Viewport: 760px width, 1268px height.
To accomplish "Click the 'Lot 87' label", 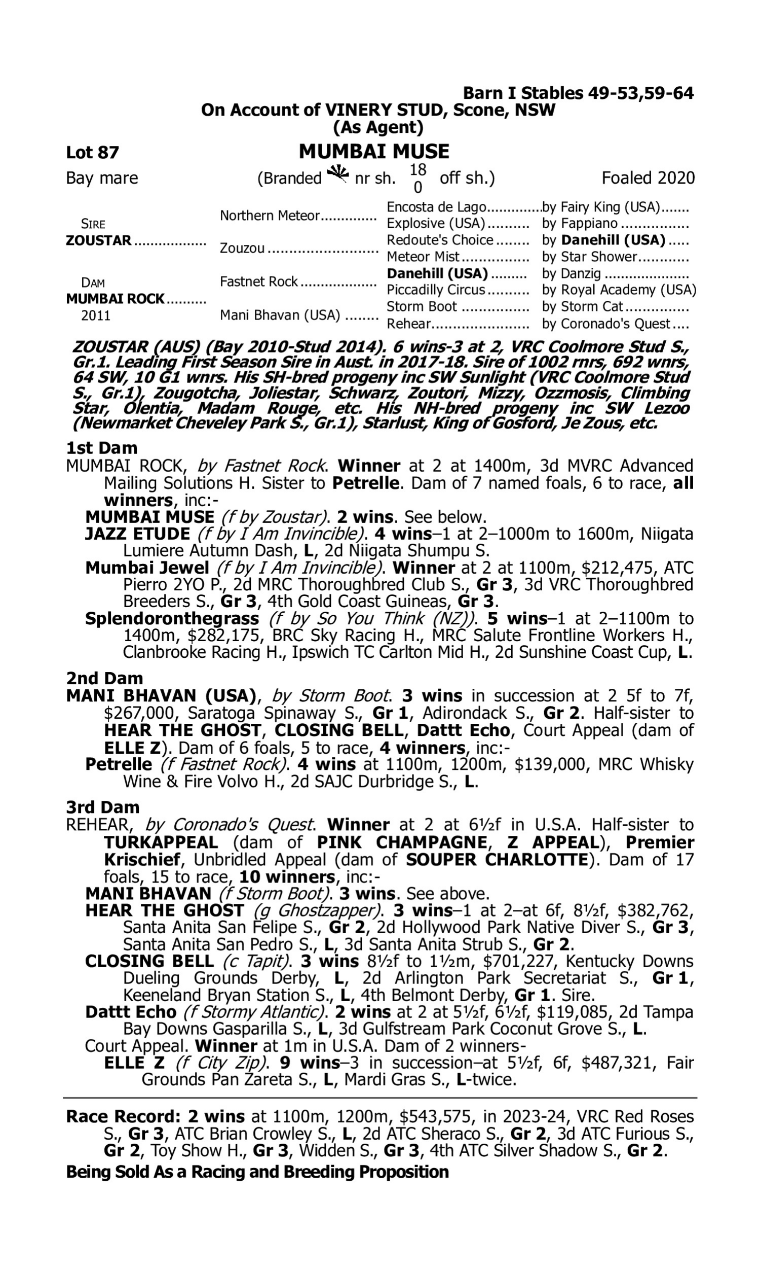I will pyautogui.click(x=92, y=152).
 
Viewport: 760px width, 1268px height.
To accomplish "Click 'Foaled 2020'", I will pyautogui.click(x=648, y=178).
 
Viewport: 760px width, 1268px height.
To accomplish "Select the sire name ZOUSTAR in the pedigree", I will pyautogui.click(x=99, y=240).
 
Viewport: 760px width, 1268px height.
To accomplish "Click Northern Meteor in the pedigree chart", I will pyautogui.click(x=270, y=216).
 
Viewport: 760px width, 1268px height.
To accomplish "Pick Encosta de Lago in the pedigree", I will pyautogui.click(x=436, y=207).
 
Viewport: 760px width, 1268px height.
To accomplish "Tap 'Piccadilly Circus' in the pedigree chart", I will pyautogui.click(x=436, y=290).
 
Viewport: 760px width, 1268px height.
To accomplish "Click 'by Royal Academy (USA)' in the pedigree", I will pyautogui.click(x=619, y=290).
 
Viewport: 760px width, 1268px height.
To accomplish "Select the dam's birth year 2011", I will pyautogui.click(x=96, y=315).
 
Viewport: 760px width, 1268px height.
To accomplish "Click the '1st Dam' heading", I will pyautogui.click(x=102, y=448).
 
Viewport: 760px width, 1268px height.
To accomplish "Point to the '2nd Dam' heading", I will pyautogui.click(x=104, y=678).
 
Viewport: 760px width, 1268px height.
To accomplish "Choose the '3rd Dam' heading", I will pyautogui.click(x=102, y=807).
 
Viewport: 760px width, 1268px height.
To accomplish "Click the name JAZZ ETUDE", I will pyautogui.click(x=137, y=534).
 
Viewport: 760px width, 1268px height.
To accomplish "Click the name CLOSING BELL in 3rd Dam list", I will pyautogui.click(x=149, y=961).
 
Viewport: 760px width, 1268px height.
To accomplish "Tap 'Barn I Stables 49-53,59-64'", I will pyautogui.click(x=578, y=93).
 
